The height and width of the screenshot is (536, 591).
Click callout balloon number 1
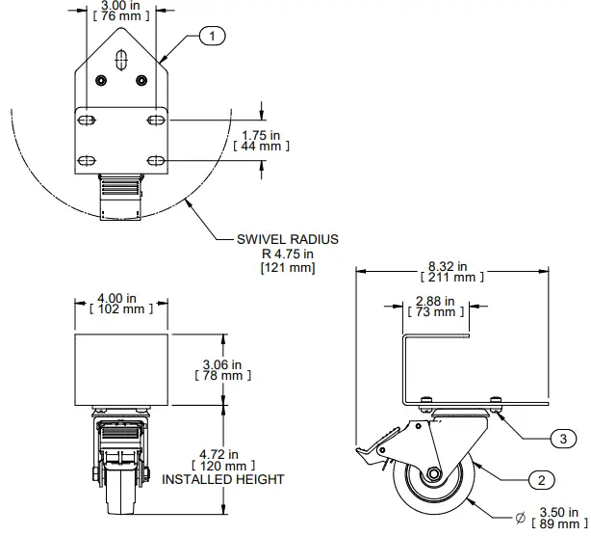(212, 37)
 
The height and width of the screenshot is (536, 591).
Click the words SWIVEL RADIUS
(288, 238)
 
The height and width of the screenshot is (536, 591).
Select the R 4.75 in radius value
(288, 253)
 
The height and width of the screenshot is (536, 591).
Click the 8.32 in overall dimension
(449, 265)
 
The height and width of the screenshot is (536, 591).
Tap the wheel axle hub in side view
(435, 475)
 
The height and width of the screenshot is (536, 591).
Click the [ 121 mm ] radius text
(288, 267)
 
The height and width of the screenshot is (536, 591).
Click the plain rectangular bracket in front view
(121, 369)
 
